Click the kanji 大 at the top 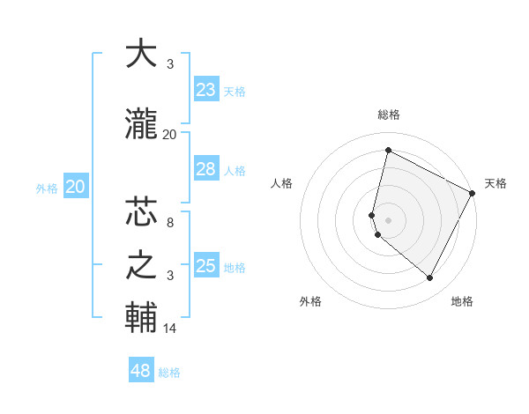point(141,55)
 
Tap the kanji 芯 point(141,213)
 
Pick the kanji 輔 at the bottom point(141,317)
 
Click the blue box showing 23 point(205,90)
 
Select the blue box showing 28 point(205,169)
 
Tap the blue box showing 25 point(205,266)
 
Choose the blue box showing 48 point(141,371)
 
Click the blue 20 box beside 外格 point(76,187)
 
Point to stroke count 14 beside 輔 point(170,329)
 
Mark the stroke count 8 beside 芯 point(169,224)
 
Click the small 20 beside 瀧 point(169,134)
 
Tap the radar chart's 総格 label point(388,115)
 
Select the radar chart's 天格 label point(495,183)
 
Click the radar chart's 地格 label point(462,301)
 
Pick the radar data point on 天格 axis point(473,193)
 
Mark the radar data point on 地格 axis point(430,278)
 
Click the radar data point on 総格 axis point(388,150)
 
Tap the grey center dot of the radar point(388,219)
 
